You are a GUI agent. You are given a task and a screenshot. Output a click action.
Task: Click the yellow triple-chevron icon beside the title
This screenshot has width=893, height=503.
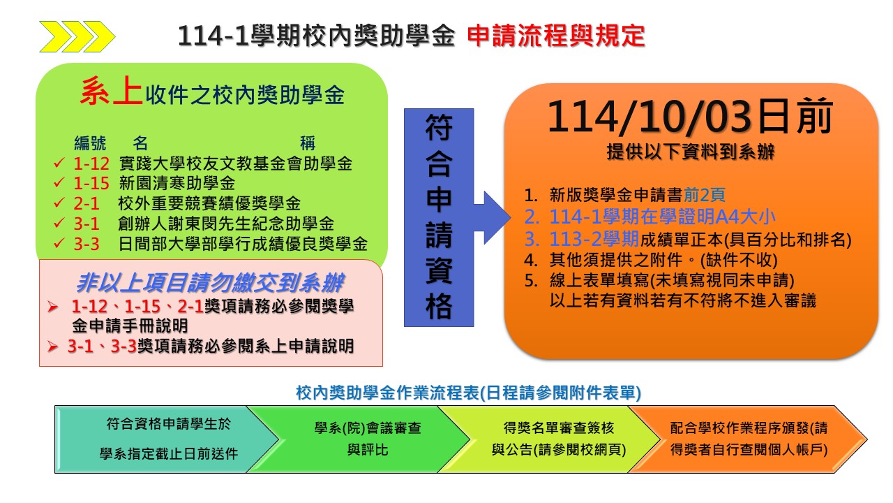coord(77,37)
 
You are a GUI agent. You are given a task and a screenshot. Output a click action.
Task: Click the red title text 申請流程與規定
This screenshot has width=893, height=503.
coord(556,36)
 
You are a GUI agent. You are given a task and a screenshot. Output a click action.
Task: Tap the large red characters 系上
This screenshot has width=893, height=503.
coord(111,91)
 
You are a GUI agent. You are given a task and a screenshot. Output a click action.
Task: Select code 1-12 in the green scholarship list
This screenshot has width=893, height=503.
coord(91,163)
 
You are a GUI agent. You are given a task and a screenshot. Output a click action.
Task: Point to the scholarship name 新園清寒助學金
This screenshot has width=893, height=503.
coord(177,183)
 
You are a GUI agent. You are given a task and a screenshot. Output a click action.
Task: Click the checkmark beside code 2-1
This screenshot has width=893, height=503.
coord(59,203)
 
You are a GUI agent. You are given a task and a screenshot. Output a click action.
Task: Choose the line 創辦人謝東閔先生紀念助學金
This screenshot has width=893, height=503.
coord(226,224)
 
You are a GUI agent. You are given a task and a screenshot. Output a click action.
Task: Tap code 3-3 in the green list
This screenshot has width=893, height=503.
coord(87,244)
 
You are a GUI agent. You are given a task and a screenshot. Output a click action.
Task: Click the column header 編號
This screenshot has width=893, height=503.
coord(90,143)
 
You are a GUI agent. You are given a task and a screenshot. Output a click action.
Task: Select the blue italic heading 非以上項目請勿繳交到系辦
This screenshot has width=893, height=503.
coord(210,283)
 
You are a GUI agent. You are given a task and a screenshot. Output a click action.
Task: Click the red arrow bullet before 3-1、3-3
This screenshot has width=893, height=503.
coord(52,346)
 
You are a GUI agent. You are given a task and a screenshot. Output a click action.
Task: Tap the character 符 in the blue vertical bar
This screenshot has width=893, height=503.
coord(439,128)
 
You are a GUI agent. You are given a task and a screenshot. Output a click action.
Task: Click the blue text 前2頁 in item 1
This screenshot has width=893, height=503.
coord(704,195)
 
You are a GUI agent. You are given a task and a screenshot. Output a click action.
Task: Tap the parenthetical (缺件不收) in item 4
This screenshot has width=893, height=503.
coord(739,260)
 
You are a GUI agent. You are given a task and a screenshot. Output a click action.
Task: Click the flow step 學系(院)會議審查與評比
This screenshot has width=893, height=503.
coord(368,439)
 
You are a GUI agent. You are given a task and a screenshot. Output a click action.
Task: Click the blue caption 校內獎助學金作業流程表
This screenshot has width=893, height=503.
coord(387,393)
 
